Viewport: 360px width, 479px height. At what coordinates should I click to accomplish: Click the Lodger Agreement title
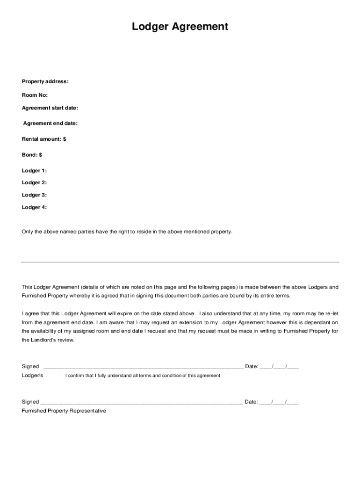point(180,27)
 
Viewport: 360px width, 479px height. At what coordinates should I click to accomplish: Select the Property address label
point(45,81)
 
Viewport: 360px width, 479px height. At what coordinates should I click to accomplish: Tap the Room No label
point(35,95)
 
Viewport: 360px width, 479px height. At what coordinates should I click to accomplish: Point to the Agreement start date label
point(50,108)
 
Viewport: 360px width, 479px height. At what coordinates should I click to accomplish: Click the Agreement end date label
point(50,123)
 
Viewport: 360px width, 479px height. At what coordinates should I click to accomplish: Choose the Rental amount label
point(44,139)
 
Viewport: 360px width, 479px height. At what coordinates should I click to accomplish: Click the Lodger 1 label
point(34,171)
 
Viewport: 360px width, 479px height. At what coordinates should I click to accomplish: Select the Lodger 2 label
point(34,183)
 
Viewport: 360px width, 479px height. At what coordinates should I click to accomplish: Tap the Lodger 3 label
point(34,195)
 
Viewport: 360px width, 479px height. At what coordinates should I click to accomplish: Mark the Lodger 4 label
point(34,207)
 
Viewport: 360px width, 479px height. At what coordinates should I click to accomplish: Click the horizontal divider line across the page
point(180,262)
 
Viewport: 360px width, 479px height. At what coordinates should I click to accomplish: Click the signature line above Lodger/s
point(143,368)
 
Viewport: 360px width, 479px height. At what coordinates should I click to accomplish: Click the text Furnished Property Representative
point(64,411)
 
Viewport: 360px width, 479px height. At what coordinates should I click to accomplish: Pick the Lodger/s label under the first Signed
point(32,376)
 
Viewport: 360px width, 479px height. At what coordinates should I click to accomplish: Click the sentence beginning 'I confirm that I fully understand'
point(143,376)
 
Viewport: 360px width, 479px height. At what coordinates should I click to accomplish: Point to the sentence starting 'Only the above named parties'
point(127,232)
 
